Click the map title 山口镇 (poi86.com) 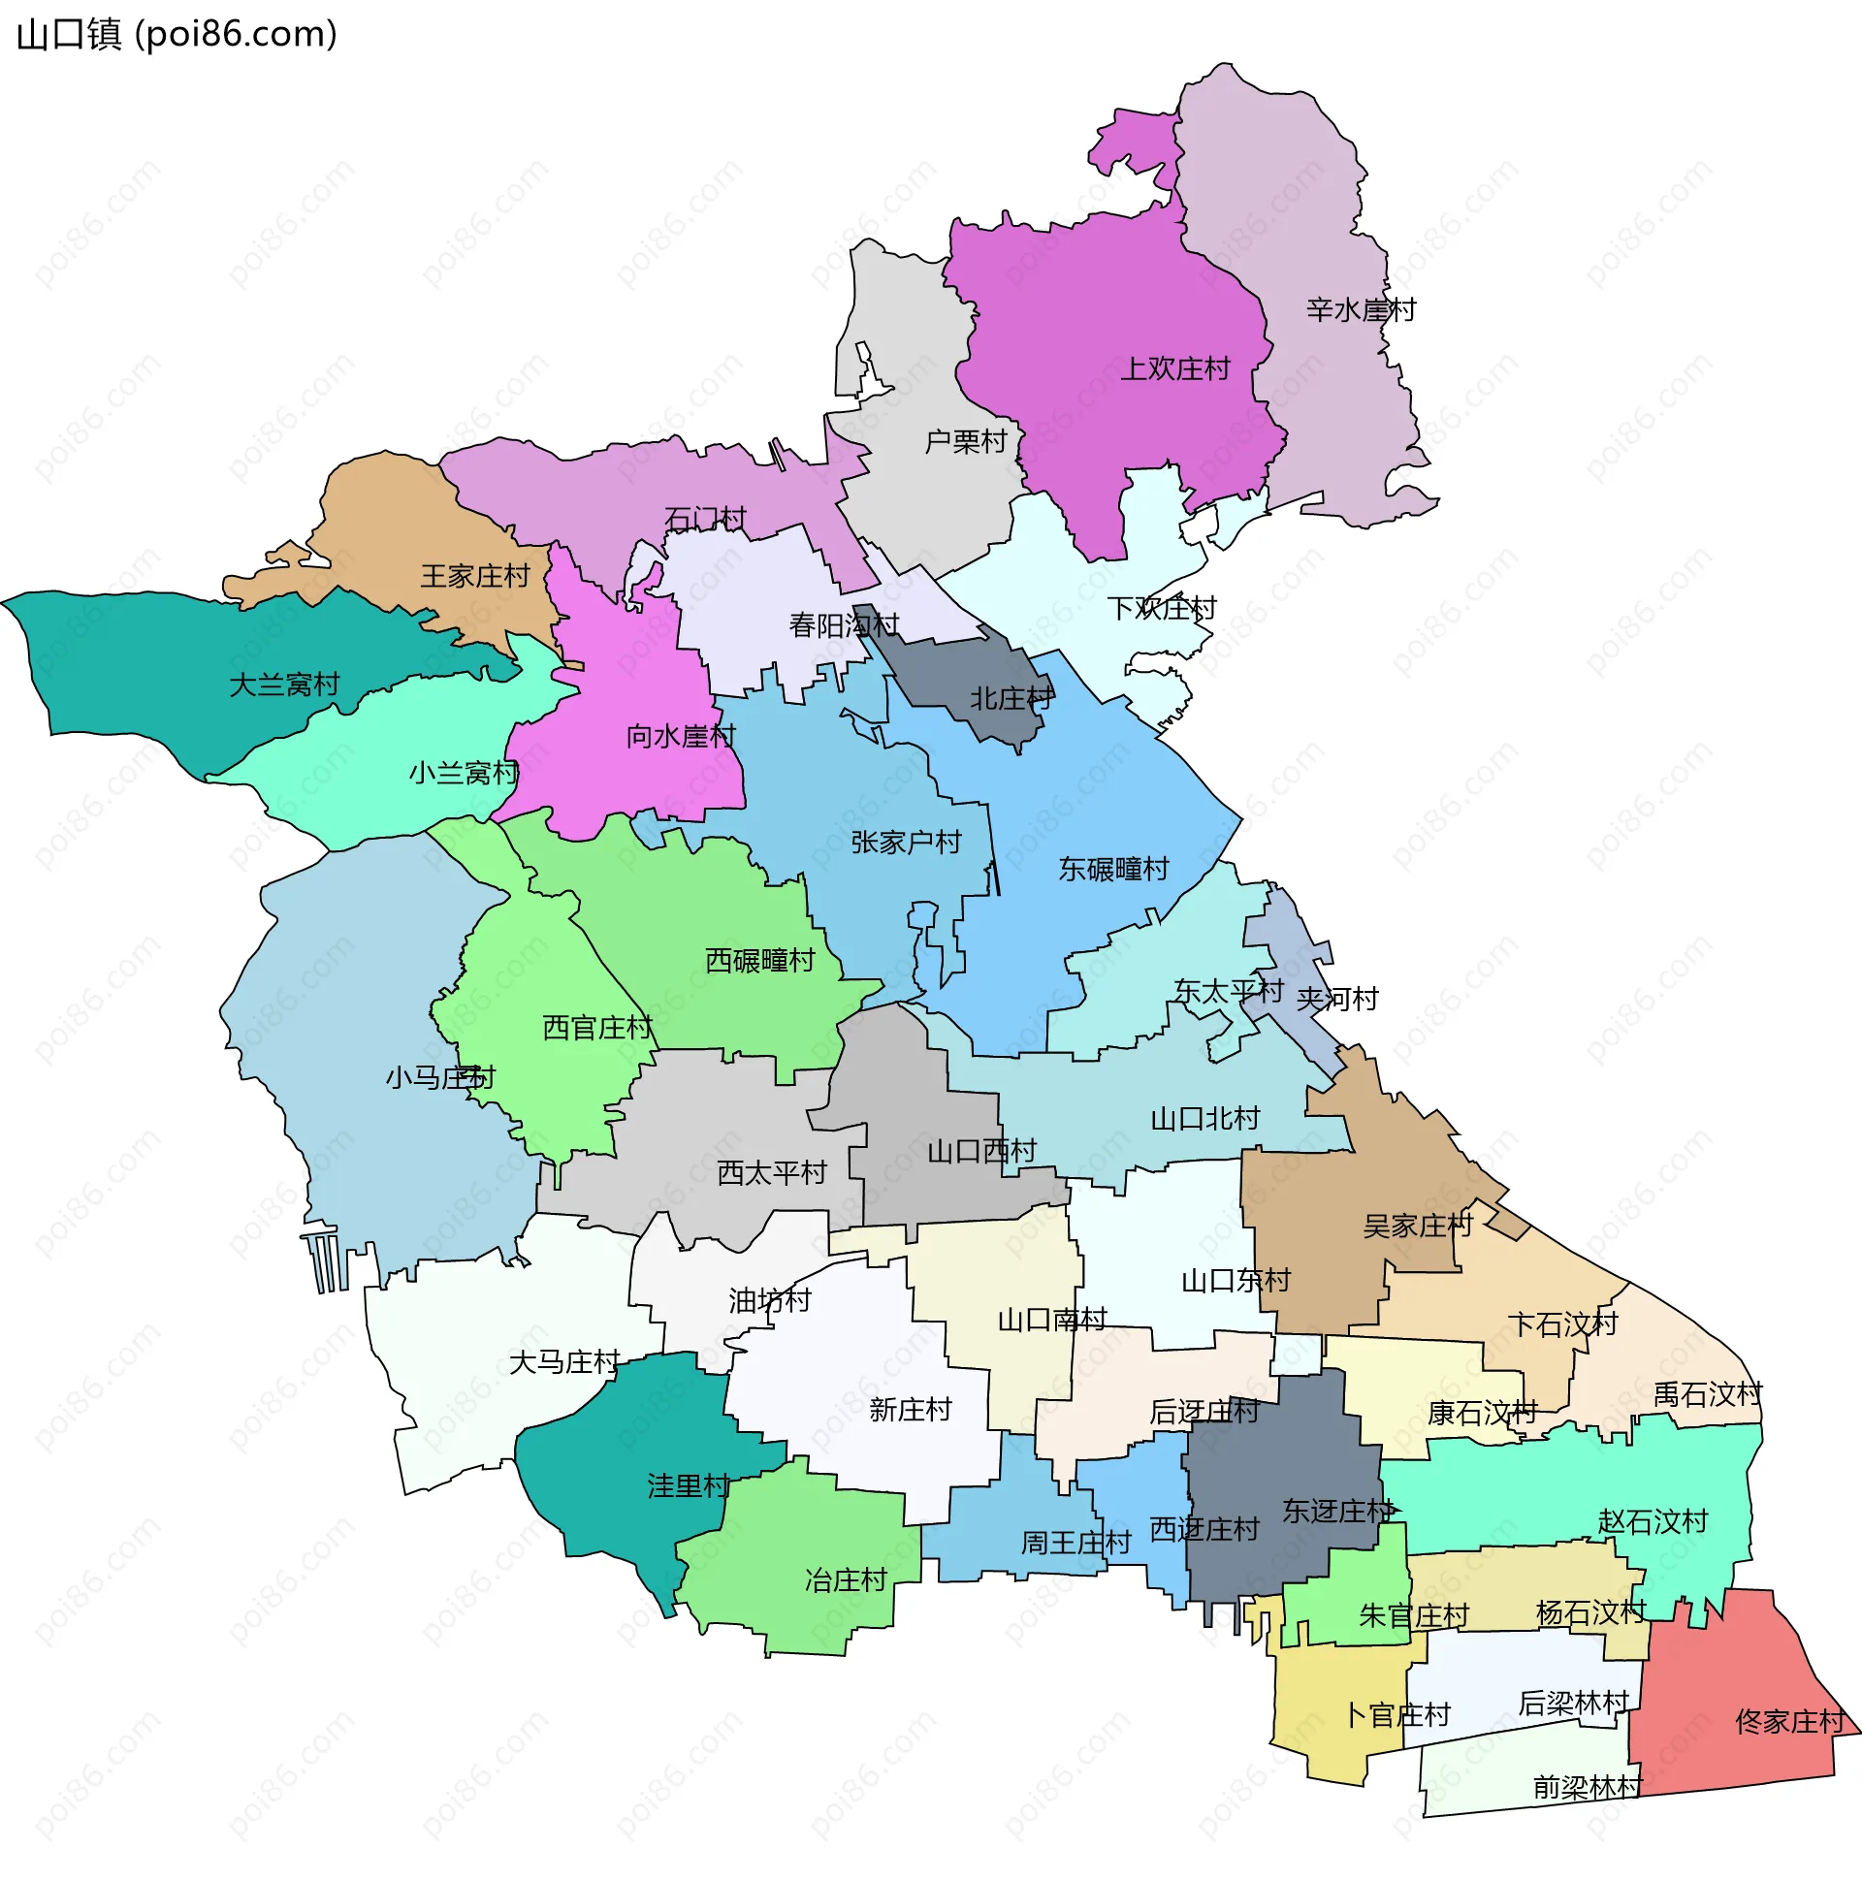[x=177, y=35]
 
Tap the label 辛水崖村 [x=1361, y=310]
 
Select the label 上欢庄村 [x=1175, y=369]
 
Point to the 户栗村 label [x=965, y=442]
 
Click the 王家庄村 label [x=474, y=576]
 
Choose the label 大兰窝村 [x=283, y=685]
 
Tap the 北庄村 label [x=1011, y=699]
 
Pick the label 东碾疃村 [x=1113, y=870]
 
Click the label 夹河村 [x=1337, y=999]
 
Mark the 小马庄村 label [x=440, y=1078]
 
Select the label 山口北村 [x=1204, y=1119]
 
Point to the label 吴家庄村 [x=1417, y=1226]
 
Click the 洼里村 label [x=689, y=1486]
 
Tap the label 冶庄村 [x=846, y=1580]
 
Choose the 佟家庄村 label [x=1790, y=1722]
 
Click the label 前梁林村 [x=1588, y=1788]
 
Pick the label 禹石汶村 [x=1707, y=1395]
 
